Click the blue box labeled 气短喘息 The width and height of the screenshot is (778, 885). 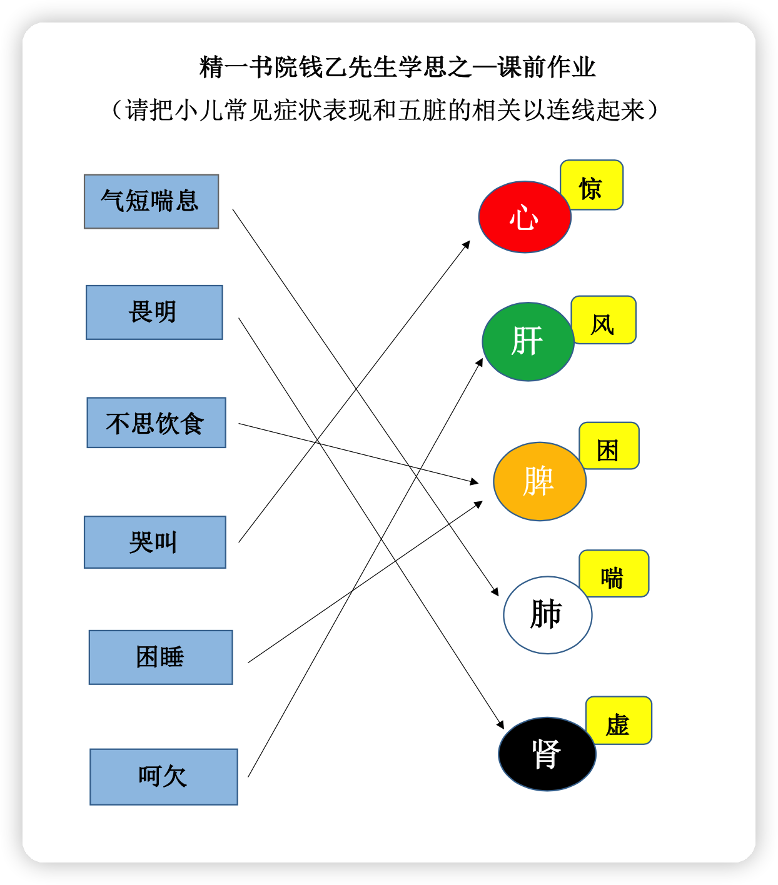[151, 201]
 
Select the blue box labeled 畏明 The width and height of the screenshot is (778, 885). [154, 312]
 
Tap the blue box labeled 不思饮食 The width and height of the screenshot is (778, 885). [156, 422]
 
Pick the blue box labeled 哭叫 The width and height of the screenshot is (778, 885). [155, 542]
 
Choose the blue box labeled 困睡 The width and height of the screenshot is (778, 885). [161, 657]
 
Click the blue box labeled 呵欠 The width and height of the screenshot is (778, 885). [164, 777]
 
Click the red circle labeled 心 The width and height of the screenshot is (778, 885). [525, 217]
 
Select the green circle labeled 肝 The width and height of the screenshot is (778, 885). [528, 342]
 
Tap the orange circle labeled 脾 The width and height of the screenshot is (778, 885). [539, 481]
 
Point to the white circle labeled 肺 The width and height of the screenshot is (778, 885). [548, 615]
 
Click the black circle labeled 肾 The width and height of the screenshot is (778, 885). [547, 754]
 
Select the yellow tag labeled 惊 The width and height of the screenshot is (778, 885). [592, 185]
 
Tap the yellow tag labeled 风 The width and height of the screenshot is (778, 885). [604, 320]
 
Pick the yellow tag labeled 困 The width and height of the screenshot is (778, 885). [609, 446]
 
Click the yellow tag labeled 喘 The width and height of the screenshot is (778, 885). [614, 573]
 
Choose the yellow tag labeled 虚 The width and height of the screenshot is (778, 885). [619, 720]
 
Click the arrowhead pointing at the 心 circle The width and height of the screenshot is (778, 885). [467, 244]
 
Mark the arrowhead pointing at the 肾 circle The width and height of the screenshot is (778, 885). [501, 724]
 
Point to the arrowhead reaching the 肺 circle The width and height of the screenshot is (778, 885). [495, 591]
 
